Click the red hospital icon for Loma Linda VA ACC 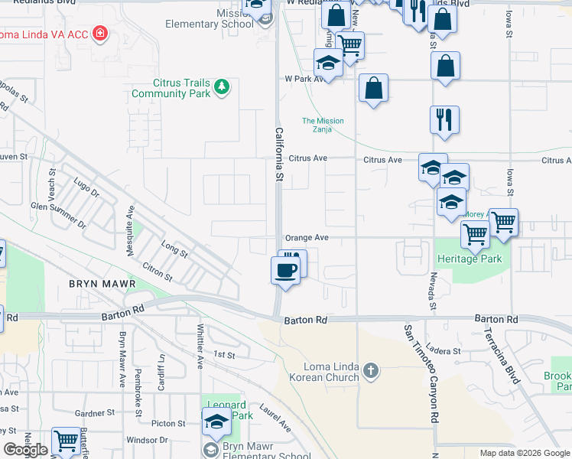point(99,34)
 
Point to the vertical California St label point(279,154)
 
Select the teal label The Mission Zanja point(323,125)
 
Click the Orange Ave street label point(307,238)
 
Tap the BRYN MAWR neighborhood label point(102,284)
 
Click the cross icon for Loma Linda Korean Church point(371,371)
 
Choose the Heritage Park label point(469,259)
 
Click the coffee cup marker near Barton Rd point(286,270)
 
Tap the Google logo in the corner point(25,450)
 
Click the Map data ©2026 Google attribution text point(525,453)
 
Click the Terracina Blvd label point(502,358)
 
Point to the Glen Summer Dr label point(58,215)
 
